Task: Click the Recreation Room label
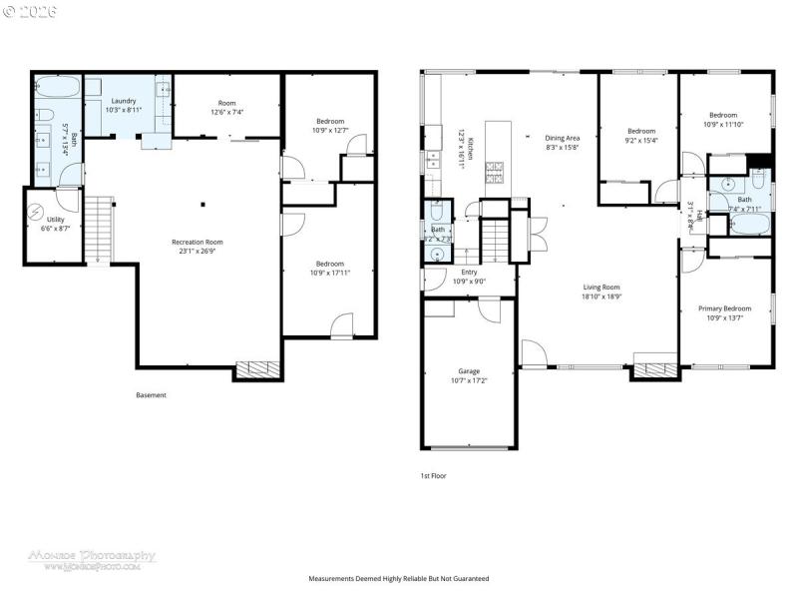197,242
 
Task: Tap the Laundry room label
124,101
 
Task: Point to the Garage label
468,371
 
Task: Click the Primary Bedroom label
724,308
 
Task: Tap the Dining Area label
563,138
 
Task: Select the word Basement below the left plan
152,395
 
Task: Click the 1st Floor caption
433,476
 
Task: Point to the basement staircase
98,229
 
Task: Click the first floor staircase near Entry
496,240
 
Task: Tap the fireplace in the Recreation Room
257,370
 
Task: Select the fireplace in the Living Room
655,370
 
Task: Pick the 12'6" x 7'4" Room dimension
227,112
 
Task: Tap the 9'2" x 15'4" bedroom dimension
641,141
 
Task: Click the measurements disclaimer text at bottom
399,579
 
